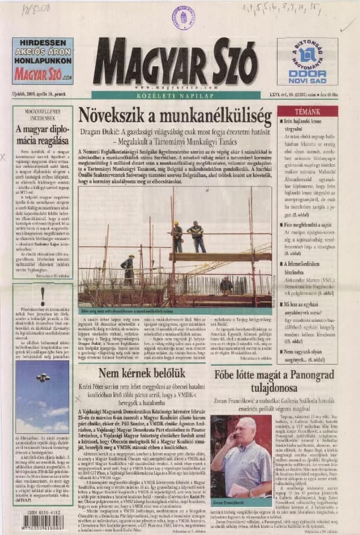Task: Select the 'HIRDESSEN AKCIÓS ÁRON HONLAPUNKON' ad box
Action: pos(43,60)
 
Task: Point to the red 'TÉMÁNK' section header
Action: pos(308,112)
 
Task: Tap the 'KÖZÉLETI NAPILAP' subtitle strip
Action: pos(175,95)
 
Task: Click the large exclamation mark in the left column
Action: pos(42,295)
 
